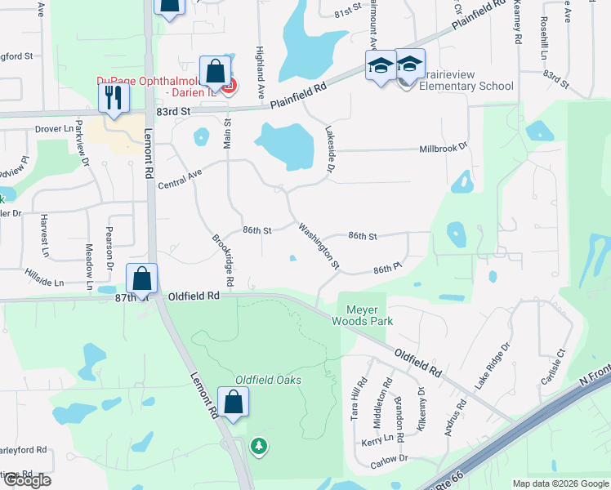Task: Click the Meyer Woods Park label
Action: [368, 315]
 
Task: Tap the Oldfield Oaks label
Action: [269, 380]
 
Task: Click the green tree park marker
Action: [259, 445]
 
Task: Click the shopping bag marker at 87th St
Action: [142, 278]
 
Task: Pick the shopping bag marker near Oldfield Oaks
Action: [233, 402]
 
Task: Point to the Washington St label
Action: [319, 245]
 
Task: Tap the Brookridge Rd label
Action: [222, 261]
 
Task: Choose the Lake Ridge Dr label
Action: [493, 363]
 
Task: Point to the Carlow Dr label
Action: [388, 459]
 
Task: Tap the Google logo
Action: [27, 480]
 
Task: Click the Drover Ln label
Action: [55, 129]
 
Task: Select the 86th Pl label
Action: [388, 269]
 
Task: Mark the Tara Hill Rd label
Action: [356, 398]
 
